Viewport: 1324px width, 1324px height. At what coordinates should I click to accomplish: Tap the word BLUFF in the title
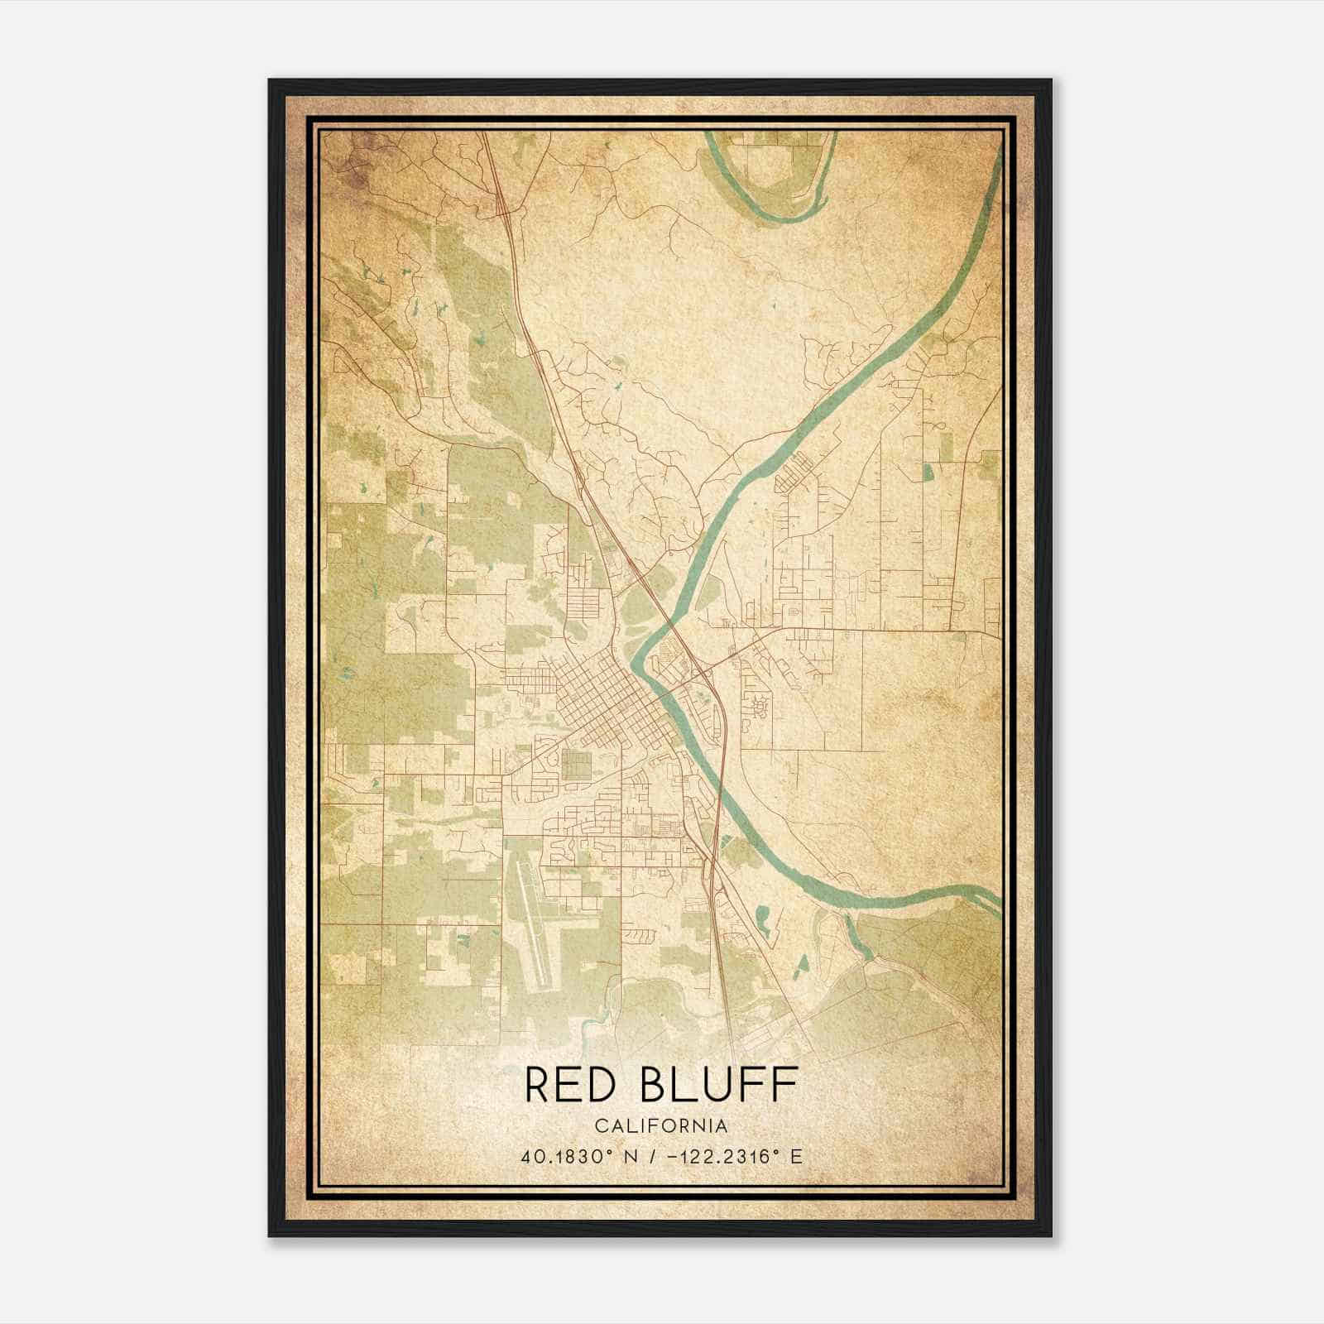(720, 1085)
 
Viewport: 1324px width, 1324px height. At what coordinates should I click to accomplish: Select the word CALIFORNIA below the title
(661, 1126)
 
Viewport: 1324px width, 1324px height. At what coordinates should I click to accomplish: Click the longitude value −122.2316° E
(729, 1157)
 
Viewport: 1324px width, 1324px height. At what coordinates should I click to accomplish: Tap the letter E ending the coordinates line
(797, 1157)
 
